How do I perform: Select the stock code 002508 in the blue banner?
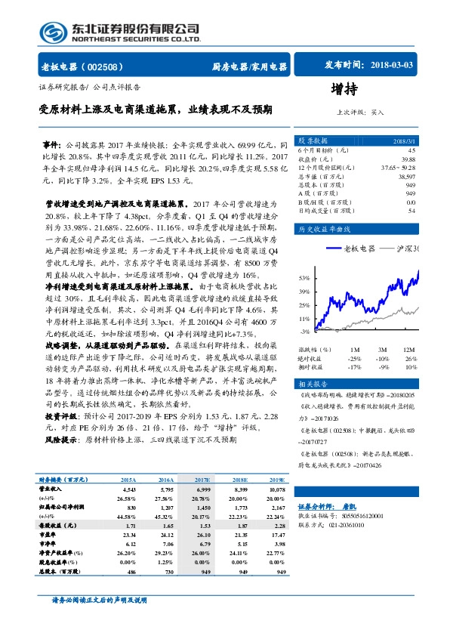tap(109, 66)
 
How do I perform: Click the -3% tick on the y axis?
tap(304, 331)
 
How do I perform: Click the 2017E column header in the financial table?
tap(202, 480)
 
